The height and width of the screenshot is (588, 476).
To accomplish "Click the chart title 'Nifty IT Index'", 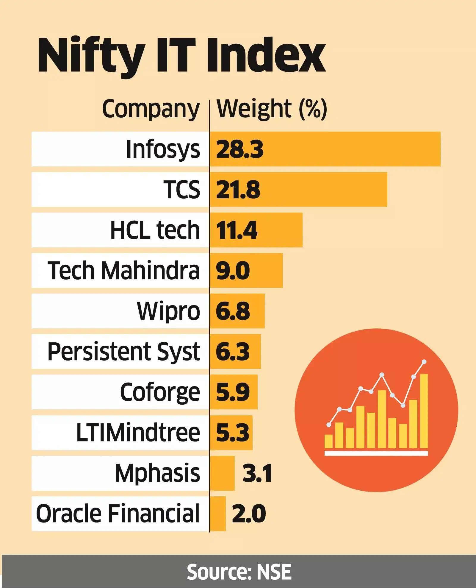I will [x=181, y=56].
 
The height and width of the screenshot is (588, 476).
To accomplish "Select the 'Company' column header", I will [x=151, y=109].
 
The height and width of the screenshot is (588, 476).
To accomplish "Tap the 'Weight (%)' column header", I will [x=272, y=109].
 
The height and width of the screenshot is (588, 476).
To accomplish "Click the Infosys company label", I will [x=163, y=149].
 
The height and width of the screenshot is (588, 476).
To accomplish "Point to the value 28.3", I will [x=239, y=149].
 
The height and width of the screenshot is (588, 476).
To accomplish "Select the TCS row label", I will [x=181, y=190].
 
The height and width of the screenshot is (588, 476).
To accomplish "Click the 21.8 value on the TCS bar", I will [x=238, y=190].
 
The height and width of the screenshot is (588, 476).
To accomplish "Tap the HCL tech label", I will [x=155, y=230].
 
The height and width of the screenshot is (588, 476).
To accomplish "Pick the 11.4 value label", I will [x=237, y=230].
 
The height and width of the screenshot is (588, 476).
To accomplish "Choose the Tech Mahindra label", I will [x=123, y=271].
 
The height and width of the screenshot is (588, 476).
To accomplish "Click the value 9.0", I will [x=233, y=271].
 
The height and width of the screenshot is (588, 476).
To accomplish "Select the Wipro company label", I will [x=168, y=311].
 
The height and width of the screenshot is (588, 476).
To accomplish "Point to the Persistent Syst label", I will [x=123, y=352].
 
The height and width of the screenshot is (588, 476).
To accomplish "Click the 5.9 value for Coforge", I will [x=233, y=392].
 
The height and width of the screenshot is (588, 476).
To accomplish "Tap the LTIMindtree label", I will [x=138, y=433].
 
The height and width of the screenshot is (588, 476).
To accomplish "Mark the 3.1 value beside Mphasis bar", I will [x=257, y=473].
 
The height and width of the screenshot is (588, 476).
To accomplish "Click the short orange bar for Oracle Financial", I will [x=218, y=514].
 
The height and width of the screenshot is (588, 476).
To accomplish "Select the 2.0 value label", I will [x=249, y=514].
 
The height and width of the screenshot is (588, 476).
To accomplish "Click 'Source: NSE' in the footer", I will [x=239, y=572].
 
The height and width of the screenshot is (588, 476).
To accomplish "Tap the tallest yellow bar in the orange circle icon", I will [x=424, y=411].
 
